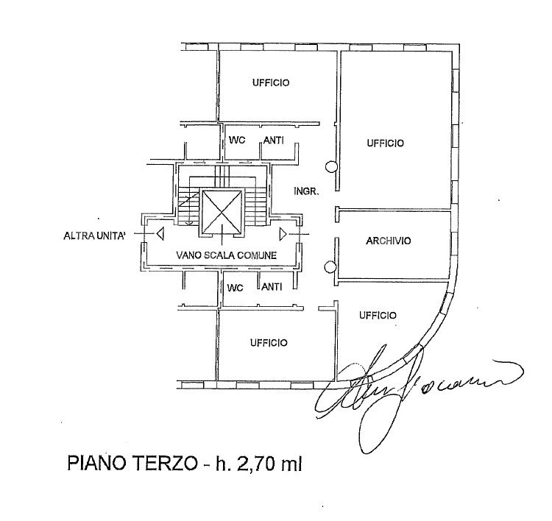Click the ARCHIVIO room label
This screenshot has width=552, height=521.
tap(389, 241)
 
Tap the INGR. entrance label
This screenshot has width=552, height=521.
tap(305, 191)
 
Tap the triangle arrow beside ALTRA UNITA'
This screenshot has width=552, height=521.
tap(158, 235)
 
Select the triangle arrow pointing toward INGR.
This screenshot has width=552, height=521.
tap(284, 234)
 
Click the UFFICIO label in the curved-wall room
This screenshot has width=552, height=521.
tap(378, 315)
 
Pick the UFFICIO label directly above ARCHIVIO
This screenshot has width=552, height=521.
tap(385, 143)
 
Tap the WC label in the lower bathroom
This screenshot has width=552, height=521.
tap(235, 287)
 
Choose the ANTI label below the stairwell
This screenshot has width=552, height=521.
tap(272, 287)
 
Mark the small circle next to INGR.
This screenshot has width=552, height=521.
tap(332, 167)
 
